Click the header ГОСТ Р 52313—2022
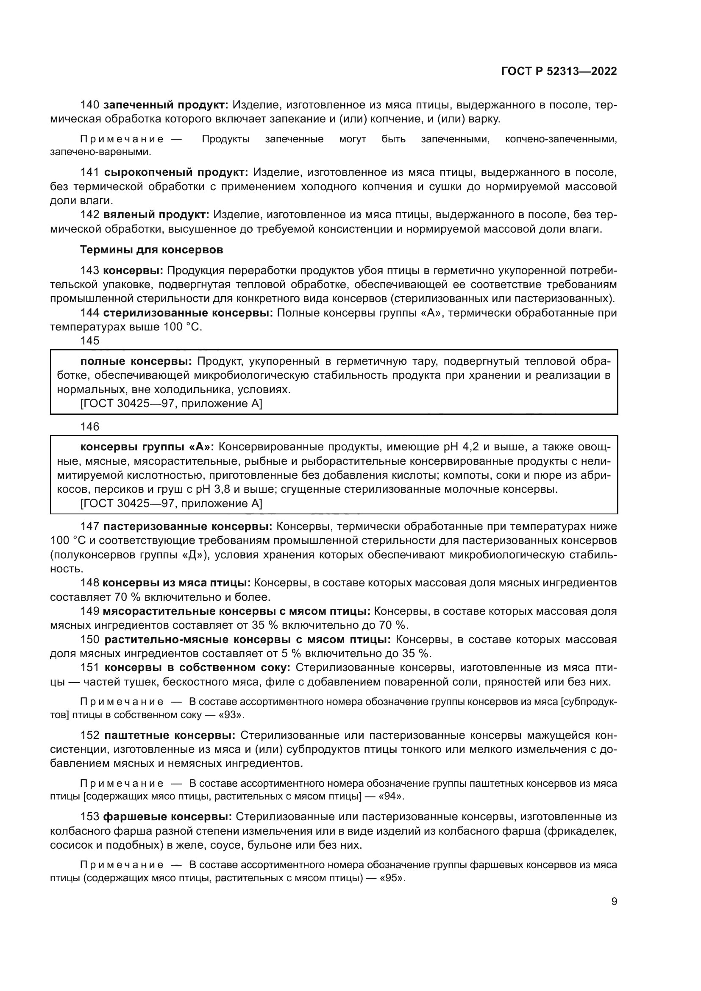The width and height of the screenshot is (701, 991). coord(559,72)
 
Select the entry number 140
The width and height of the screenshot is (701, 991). coord(90,105)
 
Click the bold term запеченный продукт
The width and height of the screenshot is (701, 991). coord(166,105)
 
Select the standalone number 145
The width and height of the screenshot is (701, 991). coord(90,341)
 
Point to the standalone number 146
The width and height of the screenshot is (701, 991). coord(90,427)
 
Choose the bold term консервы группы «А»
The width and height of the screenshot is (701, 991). coord(147,447)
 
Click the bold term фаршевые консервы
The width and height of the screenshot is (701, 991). coord(167,817)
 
